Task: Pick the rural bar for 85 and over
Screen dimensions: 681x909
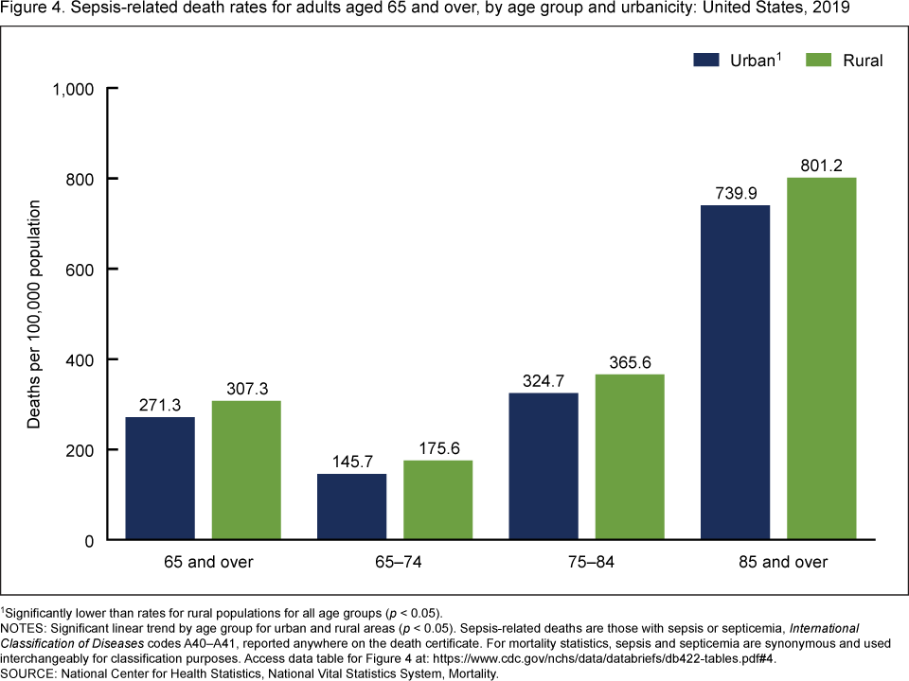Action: (x=821, y=358)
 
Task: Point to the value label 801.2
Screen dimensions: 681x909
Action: (x=821, y=165)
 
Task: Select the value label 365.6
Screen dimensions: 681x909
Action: (x=629, y=361)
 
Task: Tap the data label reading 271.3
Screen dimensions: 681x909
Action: (x=160, y=404)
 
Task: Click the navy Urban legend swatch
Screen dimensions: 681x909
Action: (x=710, y=61)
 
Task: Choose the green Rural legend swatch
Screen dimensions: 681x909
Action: (x=819, y=61)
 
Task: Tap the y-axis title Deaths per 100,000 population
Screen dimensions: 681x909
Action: (x=34, y=315)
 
